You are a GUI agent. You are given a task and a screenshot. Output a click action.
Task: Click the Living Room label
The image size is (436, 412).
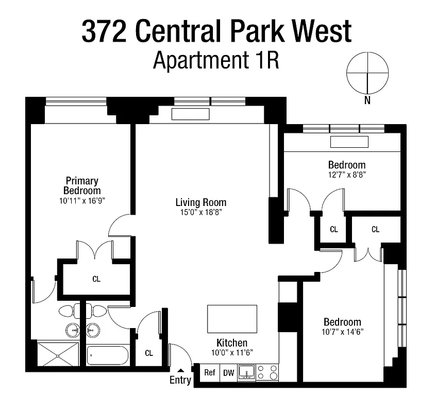click(200, 202)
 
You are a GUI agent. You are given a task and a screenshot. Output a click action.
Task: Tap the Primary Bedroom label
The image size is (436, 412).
click(82, 185)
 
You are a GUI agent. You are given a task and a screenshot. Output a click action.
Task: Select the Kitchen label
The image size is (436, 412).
click(231, 343)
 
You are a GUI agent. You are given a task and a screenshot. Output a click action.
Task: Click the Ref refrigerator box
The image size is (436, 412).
click(209, 373)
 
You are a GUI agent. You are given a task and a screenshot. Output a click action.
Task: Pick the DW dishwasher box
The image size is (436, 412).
click(228, 373)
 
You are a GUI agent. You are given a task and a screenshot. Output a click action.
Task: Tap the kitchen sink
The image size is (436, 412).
click(247, 372)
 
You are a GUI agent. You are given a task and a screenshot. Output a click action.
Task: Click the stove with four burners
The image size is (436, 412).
click(267, 372)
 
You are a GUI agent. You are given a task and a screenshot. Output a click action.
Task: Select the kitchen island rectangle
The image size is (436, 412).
click(231, 319)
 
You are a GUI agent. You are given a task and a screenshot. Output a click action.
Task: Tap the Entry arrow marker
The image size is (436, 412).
click(180, 370)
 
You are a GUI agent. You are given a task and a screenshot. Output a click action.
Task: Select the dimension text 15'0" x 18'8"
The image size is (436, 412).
click(200, 212)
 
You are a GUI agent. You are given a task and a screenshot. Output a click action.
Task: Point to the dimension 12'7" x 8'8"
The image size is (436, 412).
click(346, 174)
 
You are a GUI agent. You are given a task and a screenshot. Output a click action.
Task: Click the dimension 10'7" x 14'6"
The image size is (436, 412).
click(342, 332)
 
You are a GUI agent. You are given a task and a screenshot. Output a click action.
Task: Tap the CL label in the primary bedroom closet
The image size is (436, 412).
click(96, 279)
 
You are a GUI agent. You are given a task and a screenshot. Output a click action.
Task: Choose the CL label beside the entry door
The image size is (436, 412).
click(149, 353)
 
